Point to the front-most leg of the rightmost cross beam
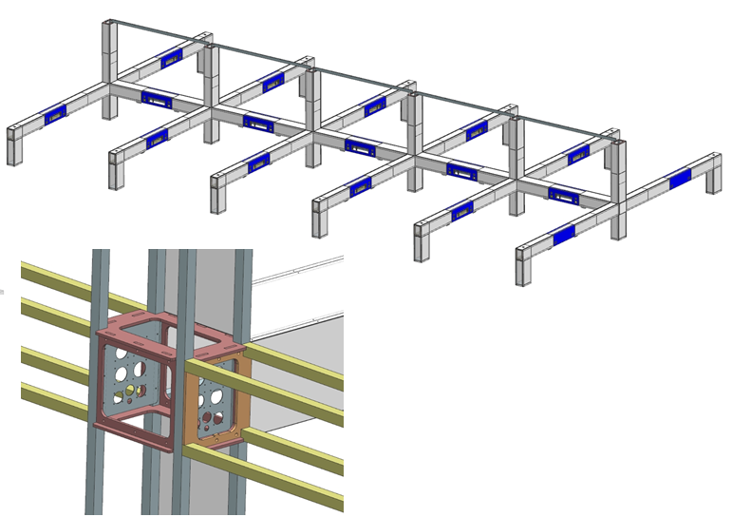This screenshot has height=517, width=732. pos(523,265)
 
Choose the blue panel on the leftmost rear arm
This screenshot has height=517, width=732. pos(172,58)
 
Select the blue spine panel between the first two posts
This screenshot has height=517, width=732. pos(155,96)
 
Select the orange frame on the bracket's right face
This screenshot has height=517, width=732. pos(218,399)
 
